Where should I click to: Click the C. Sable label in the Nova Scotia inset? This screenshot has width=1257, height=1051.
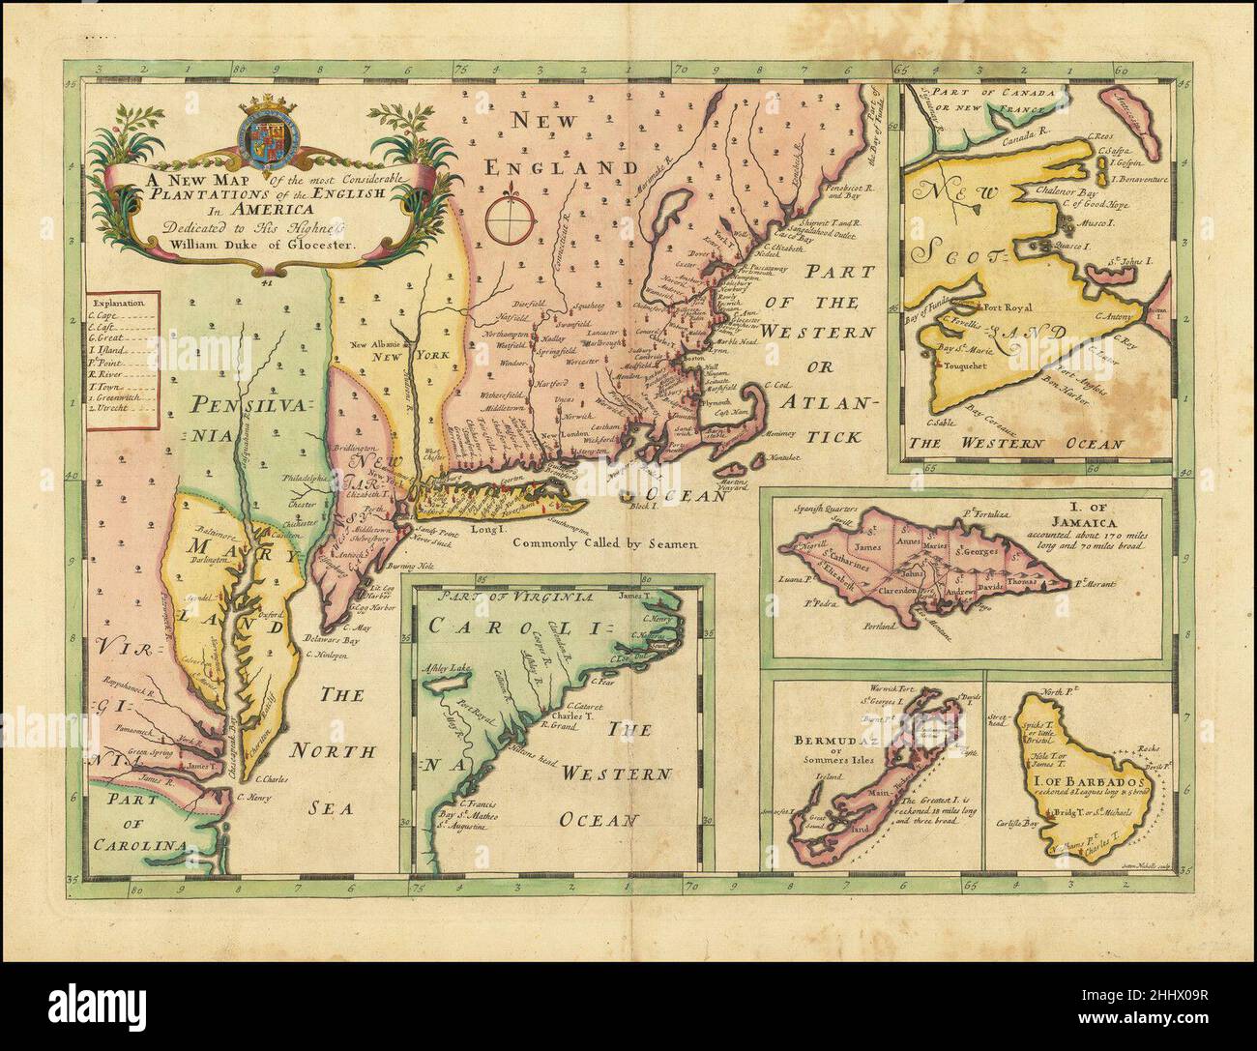(x=938, y=423)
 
